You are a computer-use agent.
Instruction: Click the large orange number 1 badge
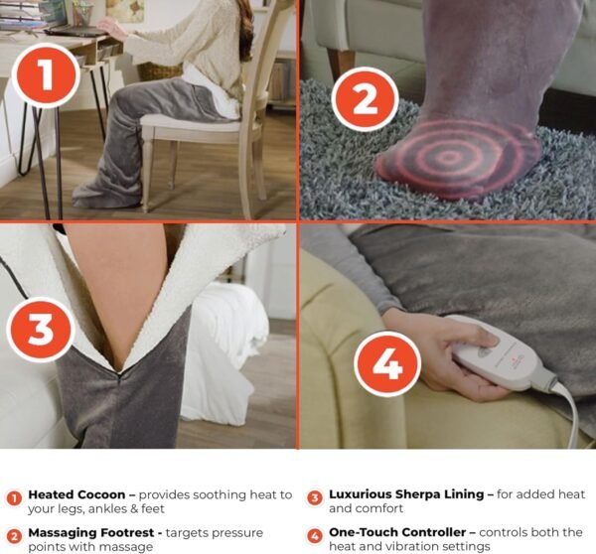[46, 75]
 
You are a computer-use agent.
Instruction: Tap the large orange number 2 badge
[365, 99]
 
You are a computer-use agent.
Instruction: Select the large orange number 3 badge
[41, 330]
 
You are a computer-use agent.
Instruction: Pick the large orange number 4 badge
[387, 363]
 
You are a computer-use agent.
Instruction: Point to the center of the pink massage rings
[449, 157]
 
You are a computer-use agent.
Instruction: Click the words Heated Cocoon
[76, 494]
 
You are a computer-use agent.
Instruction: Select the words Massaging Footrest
[91, 533]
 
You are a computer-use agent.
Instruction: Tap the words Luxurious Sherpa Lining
[406, 494]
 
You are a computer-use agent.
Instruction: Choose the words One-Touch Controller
[397, 532]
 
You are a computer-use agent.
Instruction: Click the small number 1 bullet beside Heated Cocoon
[15, 498]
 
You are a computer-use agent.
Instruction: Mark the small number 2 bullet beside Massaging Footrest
[15, 536]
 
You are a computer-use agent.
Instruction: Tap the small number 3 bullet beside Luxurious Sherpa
[314, 497]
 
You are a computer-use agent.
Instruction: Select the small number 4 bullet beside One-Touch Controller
[314, 536]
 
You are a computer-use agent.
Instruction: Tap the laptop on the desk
[77, 31]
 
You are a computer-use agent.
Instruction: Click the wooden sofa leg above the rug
[340, 65]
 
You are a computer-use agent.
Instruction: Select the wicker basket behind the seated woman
[160, 71]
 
